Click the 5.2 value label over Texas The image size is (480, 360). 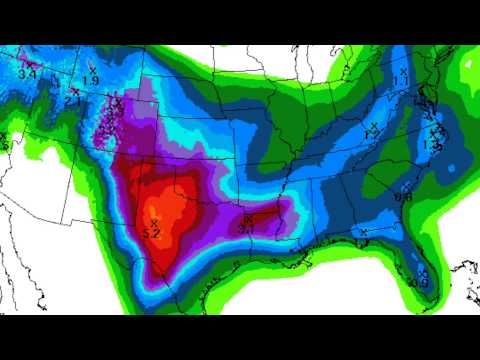tap(153, 232)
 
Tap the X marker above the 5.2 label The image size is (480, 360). tap(154, 222)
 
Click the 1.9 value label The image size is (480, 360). tap(90, 79)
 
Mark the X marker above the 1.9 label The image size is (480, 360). tap(92, 68)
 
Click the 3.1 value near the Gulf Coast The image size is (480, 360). tap(247, 228)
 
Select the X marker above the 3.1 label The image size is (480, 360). tap(247, 217)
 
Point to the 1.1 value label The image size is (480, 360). tap(400, 79)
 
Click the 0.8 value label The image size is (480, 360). tap(403, 198)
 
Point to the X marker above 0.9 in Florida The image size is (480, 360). tap(423, 272)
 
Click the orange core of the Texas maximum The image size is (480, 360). tap(165, 215)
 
